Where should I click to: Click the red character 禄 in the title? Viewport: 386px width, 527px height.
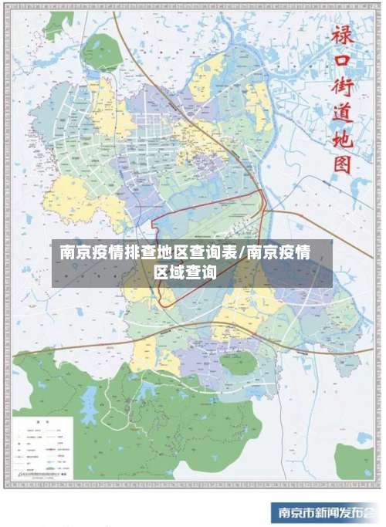click(x=341, y=34)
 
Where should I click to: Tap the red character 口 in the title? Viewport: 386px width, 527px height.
click(x=341, y=62)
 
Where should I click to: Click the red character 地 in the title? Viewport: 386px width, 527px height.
click(x=341, y=140)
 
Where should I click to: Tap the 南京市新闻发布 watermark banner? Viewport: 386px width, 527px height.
click(x=325, y=512)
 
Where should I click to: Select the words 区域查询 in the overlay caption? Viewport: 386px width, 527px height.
click(x=185, y=272)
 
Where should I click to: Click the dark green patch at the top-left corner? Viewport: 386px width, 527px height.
click(x=59, y=25)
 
